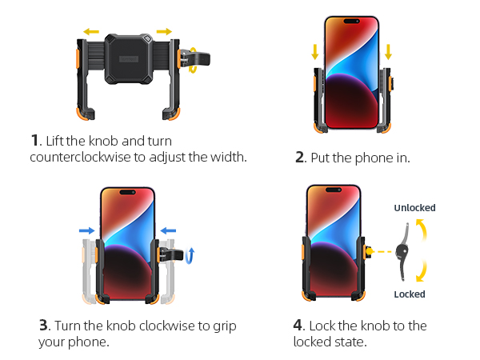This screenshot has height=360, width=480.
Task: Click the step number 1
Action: coord(34,141)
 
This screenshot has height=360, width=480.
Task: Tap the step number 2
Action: coord(300,158)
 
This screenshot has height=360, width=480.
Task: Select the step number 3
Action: coord(44,326)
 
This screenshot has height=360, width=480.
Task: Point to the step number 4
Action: coord(298,326)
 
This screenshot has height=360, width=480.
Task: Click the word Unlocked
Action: coord(414,208)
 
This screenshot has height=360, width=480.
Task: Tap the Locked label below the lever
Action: coord(410,294)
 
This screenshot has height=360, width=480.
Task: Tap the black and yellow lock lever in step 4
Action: coord(408,250)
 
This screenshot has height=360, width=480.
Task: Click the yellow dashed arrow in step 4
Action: coord(384,251)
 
